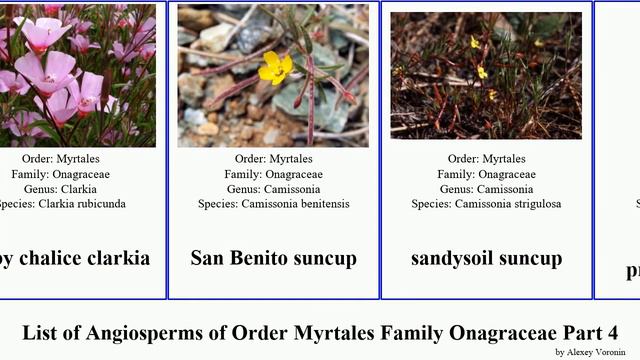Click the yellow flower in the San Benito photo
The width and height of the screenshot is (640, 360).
(275, 67)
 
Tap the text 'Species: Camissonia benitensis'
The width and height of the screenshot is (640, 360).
(273, 204)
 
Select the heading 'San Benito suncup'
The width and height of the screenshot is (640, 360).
(273, 258)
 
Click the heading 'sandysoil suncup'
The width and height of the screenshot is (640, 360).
(486, 258)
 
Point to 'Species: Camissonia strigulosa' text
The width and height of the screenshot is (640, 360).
(487, 204)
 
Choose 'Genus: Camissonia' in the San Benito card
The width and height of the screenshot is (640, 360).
(273, 189)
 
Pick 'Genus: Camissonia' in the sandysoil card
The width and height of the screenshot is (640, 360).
(486, 189)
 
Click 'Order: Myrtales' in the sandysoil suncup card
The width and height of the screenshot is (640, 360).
(486, 159)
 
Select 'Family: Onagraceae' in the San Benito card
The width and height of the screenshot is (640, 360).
(273, 174)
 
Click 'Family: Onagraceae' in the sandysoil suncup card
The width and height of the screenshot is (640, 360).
(486, 174)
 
